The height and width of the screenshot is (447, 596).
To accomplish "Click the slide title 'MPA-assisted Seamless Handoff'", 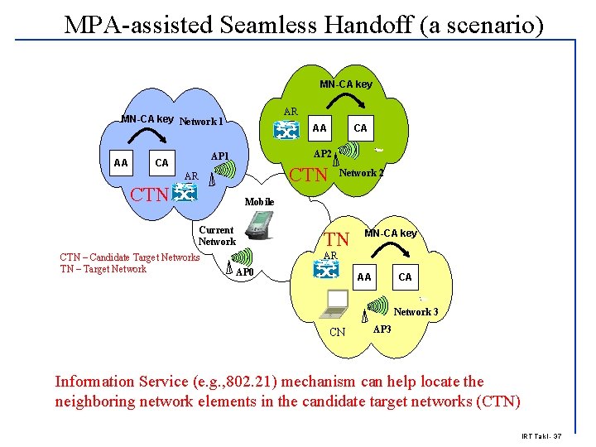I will [304, 24].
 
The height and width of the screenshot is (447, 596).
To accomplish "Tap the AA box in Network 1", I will [121, 162].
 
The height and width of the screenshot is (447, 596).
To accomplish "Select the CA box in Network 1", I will [161, 162].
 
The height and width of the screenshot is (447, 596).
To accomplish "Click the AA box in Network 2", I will [320, 128].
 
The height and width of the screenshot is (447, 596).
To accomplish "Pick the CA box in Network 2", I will [360, 128].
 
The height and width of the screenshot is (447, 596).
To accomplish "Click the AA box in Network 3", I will [364, 277].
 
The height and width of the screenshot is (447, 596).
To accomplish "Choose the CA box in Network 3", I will [405, 277].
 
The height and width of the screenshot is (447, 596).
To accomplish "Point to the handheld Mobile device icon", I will [262, 226].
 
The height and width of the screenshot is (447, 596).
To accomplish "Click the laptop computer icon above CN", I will [338, 304].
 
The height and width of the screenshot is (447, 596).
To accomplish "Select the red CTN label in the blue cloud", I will [149, 196].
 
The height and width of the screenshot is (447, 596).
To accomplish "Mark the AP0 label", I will [246, 272].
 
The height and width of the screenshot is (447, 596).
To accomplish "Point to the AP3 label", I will [382, 329].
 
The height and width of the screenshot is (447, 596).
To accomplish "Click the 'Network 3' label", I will [416, 312].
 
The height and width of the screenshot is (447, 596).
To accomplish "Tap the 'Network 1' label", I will [201, 122].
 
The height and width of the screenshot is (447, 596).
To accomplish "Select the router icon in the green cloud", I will [287, 130].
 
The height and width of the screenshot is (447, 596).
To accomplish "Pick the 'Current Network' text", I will [217, 236].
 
